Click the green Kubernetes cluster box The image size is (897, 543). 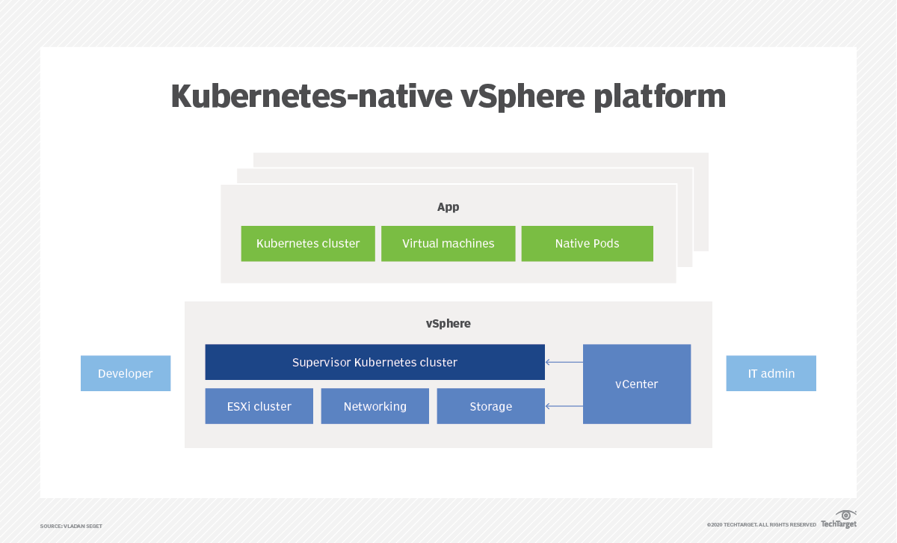click(x=308, y=244)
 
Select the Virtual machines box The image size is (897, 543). click(x=448, y=244)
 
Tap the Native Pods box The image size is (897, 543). click(x=587, y=244)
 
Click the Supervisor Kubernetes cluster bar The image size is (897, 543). click(x=374, y=362)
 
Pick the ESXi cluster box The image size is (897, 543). click(x=259, y=406)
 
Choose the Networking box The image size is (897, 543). click(x=374, y=406)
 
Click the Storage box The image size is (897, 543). click(x=490, y=406)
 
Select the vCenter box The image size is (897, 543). click(x=636, y=384)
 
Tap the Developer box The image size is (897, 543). click(x=126, y=373)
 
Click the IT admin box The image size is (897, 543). click(x=771, y=373)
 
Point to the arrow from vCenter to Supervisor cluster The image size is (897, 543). click(x=564, y=362)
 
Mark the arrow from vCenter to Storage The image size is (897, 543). click(x=564, y=406)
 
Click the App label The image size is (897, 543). click(x=448, y=207)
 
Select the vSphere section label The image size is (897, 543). click(x=448, y=324)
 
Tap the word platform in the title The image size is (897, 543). click(x=659, y=97)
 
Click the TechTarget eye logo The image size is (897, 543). click(x=845, y=515)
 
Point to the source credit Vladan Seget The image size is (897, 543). click(x=71, y=526)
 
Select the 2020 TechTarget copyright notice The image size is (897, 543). click(x=761, y=525)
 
